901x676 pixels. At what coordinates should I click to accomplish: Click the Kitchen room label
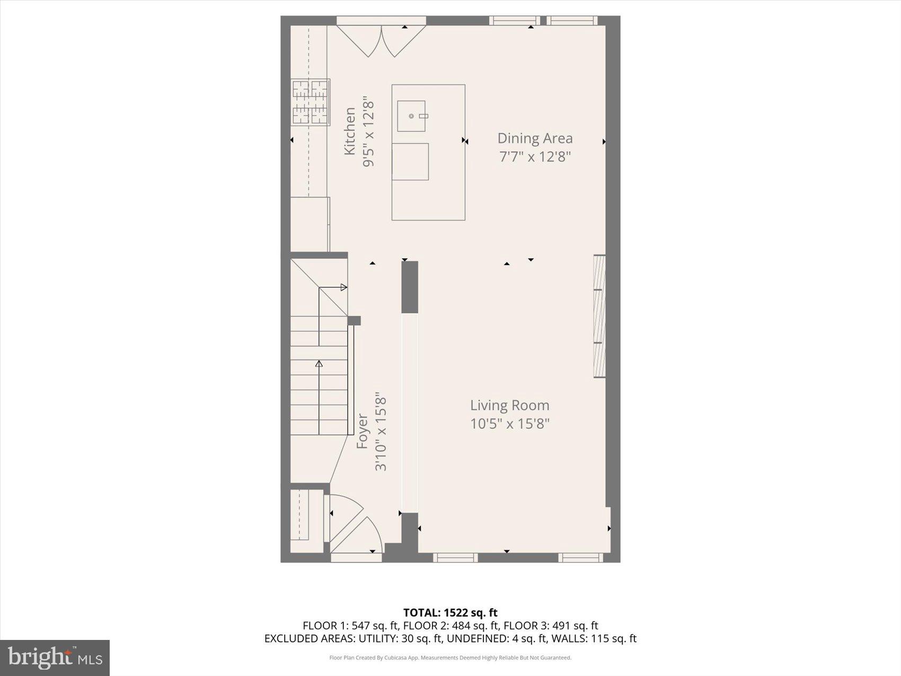coord(350,131)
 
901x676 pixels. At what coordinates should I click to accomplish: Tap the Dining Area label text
coord(535,138)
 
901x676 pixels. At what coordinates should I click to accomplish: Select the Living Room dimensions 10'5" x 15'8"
coord(509,424)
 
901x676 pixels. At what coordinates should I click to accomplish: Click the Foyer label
coord(362,431)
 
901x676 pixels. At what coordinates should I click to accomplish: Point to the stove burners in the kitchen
coord(311,102)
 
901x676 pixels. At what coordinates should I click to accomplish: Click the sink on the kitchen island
coord(412,116)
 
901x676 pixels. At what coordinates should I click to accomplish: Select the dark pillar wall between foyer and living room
coord(410,287)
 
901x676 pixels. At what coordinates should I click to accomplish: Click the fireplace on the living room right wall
coord(599,316)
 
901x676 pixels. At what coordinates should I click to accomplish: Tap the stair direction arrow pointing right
coord(343,287)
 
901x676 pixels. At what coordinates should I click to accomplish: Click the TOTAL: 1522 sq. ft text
coord(450,613)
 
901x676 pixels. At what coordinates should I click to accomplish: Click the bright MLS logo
coord(55,657)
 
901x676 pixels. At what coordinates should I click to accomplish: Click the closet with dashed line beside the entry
coord(306,515)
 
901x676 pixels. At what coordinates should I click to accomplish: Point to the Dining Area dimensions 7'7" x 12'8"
coord(535,157)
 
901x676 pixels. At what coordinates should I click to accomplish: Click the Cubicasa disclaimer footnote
coord(450,658)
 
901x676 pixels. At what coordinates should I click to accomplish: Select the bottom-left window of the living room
coord(455,557)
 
